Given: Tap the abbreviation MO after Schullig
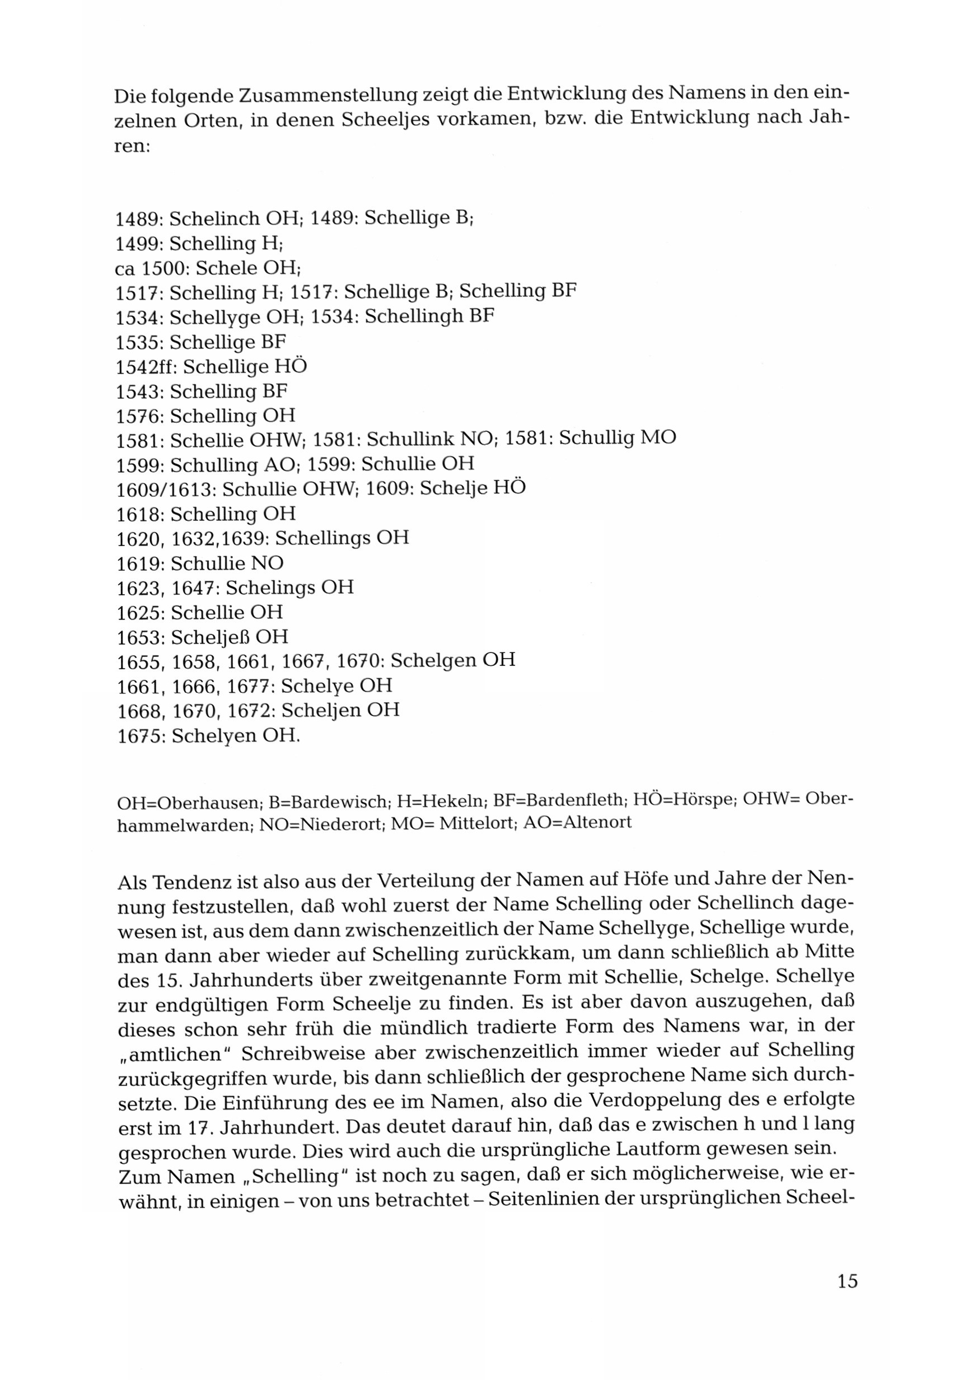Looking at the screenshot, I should coord(657,438).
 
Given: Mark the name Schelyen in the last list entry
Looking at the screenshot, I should coord(211,735).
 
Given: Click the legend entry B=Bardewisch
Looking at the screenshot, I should coord(326,803).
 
